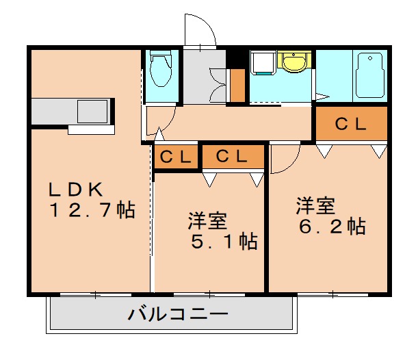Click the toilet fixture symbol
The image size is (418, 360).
point(161,68)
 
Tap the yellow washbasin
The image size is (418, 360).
point(294,62)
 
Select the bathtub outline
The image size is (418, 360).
point(371,75)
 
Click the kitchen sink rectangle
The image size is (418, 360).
point(92,111)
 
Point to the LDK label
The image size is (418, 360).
point(75,190)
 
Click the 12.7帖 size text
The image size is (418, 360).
point(92,210)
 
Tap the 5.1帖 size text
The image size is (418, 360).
point(224,242)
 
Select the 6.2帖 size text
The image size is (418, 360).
point(332,227)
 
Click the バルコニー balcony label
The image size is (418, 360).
point(178,313)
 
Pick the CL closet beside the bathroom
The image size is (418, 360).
point(352,123)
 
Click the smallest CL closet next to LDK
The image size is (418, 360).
point(176,157)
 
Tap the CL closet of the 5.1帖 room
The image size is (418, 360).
point(233,157)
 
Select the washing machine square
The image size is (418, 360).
point(262,62)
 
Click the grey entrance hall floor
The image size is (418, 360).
point(204,77)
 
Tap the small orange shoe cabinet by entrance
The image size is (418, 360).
point(237,86)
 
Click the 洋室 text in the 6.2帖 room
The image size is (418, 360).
point(315,205)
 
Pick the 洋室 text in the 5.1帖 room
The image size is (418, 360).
point(207,220)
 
